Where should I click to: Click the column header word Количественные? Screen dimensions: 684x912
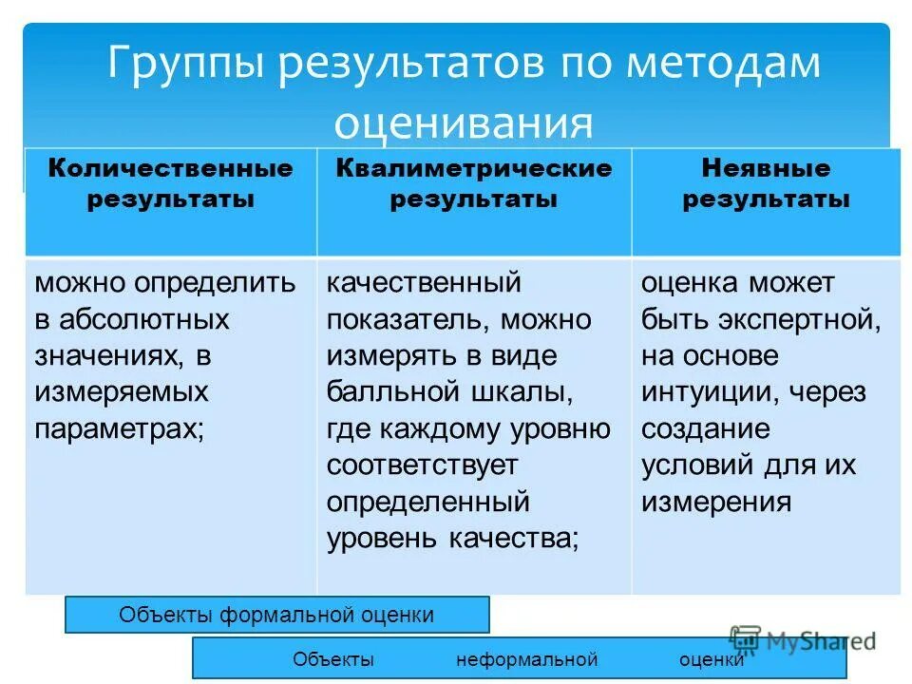click(x=171, y=169)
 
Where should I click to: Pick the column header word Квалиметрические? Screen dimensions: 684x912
click(x=473, y=169)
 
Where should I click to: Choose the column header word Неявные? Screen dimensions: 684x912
click(x=766, y=169)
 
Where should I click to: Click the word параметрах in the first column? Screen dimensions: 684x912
click(x=118, y=428)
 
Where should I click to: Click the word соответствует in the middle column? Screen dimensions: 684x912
click(x=423, y=465)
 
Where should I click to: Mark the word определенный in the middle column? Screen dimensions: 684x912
click(x=427, y=502)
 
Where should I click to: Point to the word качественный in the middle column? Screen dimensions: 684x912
click(x=424, y=283)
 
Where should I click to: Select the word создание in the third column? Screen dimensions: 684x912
click(x=705, y=428)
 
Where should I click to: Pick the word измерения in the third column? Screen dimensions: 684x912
click(x=715, y=502)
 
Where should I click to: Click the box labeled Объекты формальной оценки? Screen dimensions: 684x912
click(x=276, y=615)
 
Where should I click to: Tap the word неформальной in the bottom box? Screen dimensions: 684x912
click(x=526, y=659)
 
